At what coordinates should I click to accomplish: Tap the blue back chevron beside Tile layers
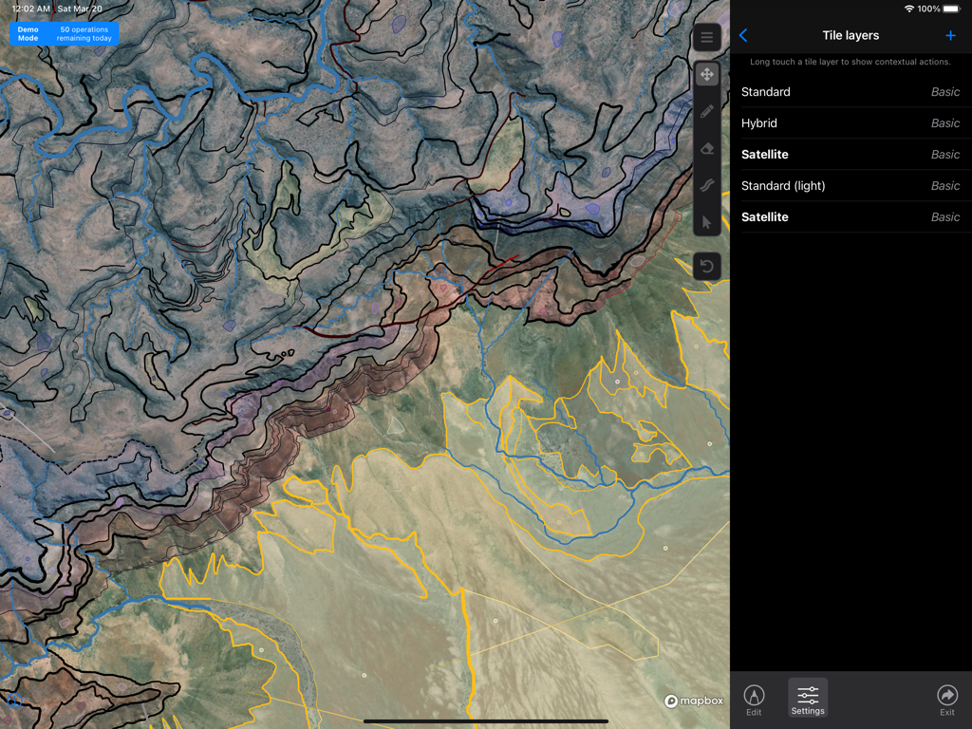pos(743,35)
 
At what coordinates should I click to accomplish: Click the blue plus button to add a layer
pos(950,35)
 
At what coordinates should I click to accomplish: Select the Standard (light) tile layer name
pos(783,186)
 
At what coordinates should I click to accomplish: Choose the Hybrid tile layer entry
pos(759,123)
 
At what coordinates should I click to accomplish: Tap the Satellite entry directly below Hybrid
pos(765,155)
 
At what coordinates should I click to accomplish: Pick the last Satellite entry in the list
pos(765,217)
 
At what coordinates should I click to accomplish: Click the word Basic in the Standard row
pos(945,92)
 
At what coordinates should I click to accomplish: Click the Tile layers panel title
pos(850,35)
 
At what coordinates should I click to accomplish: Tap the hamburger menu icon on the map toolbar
pos(706,38)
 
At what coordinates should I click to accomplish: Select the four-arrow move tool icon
pos(706,74)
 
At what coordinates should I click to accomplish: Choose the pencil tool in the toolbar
pos(706,111)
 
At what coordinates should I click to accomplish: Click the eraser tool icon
pos(706,149)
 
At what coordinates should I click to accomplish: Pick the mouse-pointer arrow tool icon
pos(706,223)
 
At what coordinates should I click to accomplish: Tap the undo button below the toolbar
pos(706,267)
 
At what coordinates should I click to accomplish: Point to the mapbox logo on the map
pos(694,701)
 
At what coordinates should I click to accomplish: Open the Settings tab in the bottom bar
pos(808,700)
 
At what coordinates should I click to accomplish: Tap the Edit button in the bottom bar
pos(754,700)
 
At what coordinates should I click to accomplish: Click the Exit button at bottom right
pos(946,700)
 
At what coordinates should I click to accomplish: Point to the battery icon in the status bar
pos(950,9)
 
